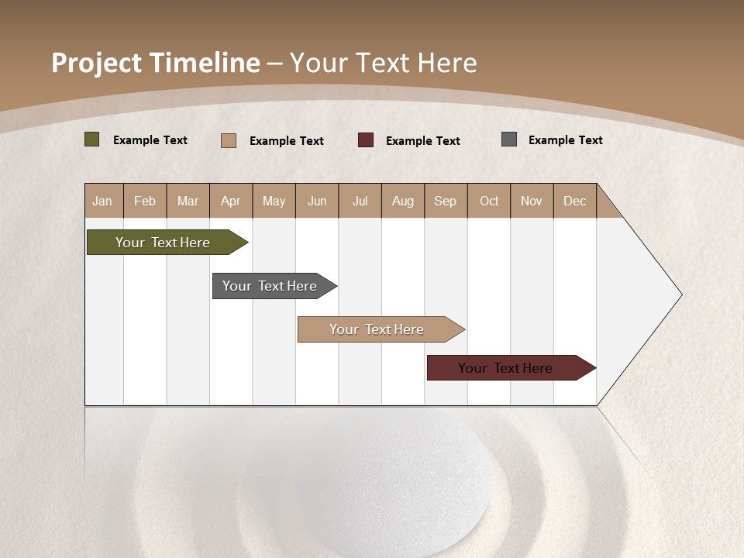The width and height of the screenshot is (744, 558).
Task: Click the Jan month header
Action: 102,201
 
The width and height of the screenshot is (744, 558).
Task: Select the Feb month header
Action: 145,201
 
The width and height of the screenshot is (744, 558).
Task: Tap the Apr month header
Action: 230,201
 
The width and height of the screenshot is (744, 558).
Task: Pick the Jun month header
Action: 317,201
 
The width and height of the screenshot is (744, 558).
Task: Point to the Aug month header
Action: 402,201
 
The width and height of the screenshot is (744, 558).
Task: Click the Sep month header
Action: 445,201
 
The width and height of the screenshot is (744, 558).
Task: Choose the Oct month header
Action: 489,201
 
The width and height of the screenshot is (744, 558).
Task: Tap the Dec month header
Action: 574,201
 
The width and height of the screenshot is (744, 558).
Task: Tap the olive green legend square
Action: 91,139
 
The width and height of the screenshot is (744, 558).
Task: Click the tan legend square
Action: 228,140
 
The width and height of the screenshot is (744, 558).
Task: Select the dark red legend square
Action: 365,139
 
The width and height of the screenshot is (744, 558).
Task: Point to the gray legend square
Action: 508,139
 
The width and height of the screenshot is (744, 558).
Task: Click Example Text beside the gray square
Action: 565,140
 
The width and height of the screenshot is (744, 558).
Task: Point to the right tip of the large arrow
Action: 680,294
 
